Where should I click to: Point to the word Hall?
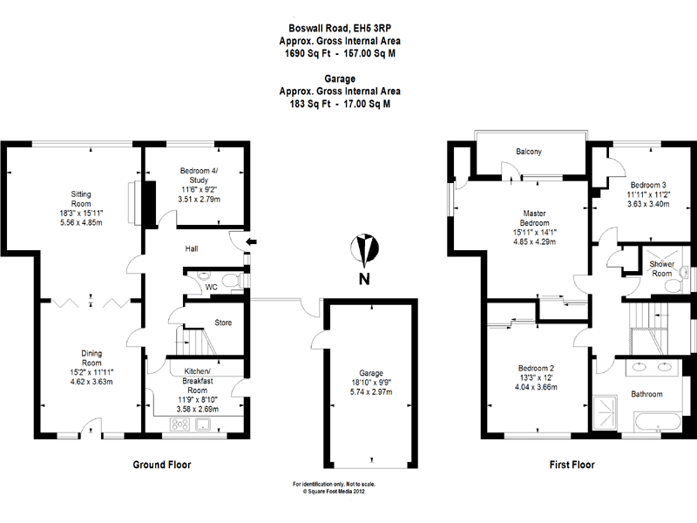point(191,248)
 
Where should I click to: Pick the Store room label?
point(223,323)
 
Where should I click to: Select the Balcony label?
point(528,152)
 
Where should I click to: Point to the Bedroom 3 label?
point(648,185)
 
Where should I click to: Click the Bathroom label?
point(647,394)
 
